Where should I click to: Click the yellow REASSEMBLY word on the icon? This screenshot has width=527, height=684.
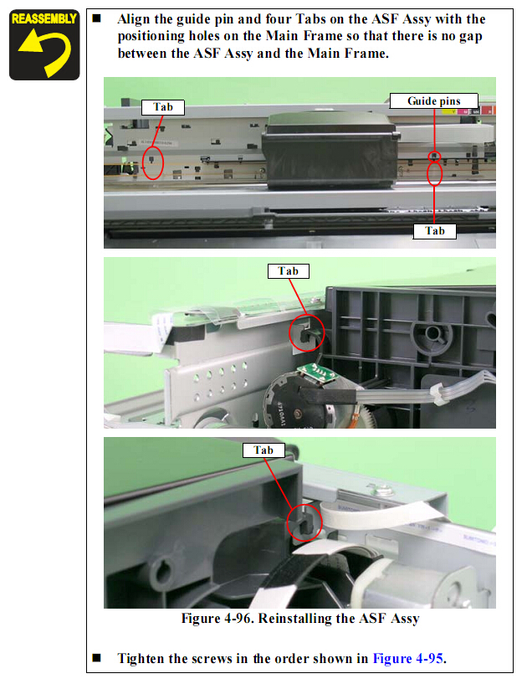pyautogui.click(x=44, y=18)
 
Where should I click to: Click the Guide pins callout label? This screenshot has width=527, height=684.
pyautogui.click(x=433, y=100)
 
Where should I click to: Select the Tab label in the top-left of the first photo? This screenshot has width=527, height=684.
pyautogui.click(x=162, y=107)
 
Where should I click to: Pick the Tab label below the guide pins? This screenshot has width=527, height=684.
pyautogui.click(x=435, y=231)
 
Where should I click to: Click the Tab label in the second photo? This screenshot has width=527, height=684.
pyautogui.click(x=288, y=271)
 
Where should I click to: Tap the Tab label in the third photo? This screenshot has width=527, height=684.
pyautogui.click(x=263, y=450)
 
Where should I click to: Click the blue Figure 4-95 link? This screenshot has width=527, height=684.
pyautogui.click(x=407, y=658)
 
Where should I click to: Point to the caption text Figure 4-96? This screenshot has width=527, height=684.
pyautogui.click(x=217, y=618)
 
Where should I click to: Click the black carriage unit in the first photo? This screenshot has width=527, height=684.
pyautogui.click(x=330, y=150)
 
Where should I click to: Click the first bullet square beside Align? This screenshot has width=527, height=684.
pyautogui.click(x=97, y=18)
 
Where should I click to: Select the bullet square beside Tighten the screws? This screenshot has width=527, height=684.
pyautogui.click(x=97, y=657)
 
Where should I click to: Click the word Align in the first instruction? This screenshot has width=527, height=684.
pyautogui.click(x=134, y=19)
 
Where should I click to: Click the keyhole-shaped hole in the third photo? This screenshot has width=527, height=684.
pyautogui.click(x=159, y=572)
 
